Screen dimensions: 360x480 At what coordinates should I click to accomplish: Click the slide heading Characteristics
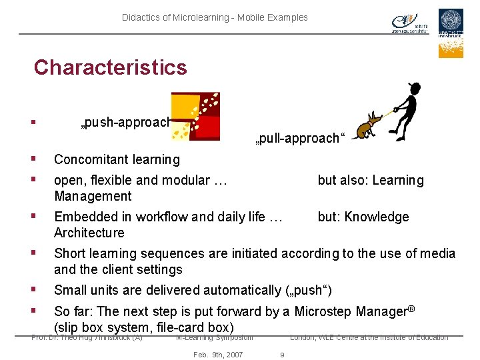point(111,67)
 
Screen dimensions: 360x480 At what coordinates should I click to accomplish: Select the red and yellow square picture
point(195,116)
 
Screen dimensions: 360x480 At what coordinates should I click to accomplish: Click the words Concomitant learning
point(117,159)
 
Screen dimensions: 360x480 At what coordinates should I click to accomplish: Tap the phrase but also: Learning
point(370,180)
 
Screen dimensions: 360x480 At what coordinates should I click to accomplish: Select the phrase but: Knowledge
point(363,217)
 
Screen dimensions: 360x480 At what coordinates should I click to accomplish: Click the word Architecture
point(89,233)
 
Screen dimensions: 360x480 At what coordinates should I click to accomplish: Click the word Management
point(93,196)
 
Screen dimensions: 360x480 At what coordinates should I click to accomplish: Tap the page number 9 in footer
point(281,355)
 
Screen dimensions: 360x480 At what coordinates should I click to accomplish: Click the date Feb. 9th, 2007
point(217,355)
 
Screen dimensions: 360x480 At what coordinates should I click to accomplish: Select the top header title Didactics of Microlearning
point(215,17)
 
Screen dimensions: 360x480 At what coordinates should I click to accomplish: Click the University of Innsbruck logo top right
point(451,33)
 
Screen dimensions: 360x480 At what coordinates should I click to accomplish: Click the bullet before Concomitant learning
point(33,159)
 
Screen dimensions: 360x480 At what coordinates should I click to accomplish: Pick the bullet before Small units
point(33,290)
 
